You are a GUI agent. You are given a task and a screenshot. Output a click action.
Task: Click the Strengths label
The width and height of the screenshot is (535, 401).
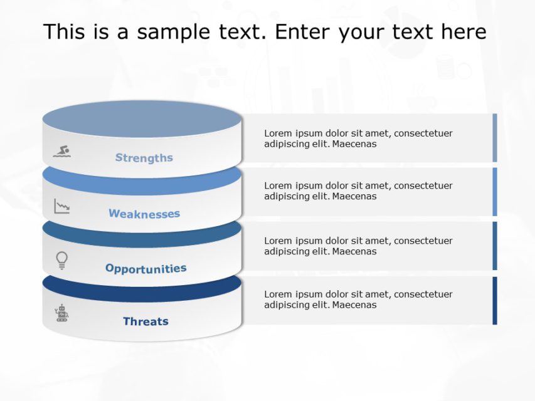(x=144, y=158)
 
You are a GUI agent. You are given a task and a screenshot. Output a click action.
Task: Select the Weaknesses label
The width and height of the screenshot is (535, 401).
(x=144, y=214)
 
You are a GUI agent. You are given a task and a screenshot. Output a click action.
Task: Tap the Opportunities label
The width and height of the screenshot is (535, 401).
(x=146, y=269)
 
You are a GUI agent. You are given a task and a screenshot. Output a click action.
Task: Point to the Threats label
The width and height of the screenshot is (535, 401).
(x=146, y=321)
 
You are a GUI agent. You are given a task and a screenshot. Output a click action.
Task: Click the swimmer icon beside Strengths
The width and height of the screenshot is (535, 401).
(x=61, y=151)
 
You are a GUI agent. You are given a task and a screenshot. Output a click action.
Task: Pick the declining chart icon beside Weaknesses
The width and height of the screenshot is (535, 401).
(x=61, y=206)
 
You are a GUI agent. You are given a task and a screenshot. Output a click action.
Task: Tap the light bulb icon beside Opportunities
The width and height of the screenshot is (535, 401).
(x=61, y=259)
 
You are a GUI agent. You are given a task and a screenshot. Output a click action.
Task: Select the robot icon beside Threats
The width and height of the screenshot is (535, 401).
(x=61, y=313)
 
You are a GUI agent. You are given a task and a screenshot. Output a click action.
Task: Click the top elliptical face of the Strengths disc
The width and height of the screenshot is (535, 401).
(x=142, y=119)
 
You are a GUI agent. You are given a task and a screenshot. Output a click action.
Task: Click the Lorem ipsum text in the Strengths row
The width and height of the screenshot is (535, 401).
(x=358, y=138)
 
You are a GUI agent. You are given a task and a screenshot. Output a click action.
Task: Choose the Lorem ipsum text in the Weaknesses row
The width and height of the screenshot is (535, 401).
(x=358, y=191)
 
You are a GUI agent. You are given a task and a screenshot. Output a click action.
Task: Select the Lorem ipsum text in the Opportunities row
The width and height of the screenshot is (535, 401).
(x=358, y=246)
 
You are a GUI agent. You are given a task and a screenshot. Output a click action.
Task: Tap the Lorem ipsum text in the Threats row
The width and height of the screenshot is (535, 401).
(x=358, y=299)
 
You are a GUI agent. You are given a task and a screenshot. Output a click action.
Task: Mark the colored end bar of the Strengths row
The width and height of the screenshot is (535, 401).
(x=494, y=138)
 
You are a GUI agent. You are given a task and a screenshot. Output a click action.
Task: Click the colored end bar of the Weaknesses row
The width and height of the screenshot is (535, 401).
(x=494, y=192)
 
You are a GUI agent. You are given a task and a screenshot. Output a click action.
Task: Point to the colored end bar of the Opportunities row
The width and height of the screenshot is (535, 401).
(x=494, y=246)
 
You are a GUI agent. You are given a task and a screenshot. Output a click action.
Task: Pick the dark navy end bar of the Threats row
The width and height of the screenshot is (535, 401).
(x=494, y=301)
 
